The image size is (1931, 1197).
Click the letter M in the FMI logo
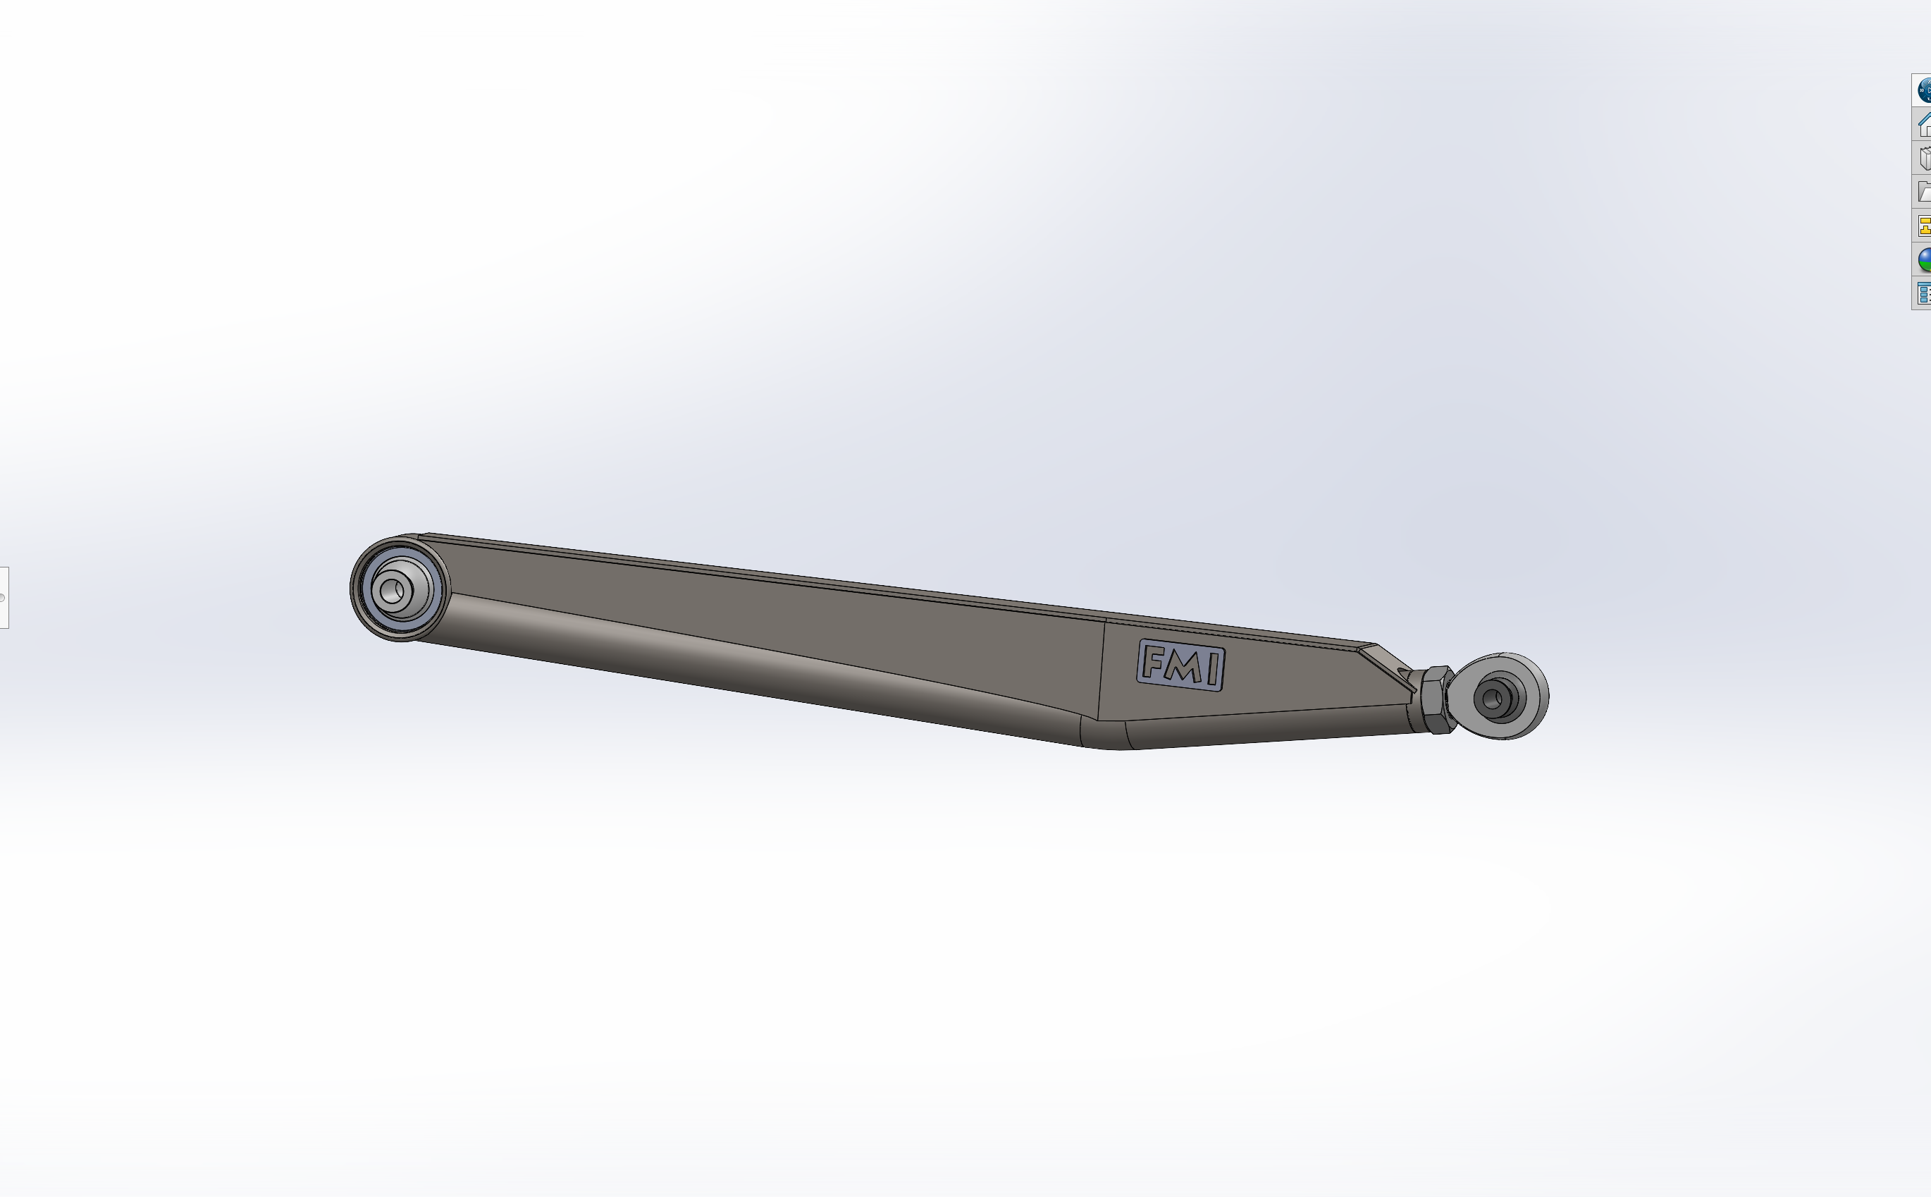click(1183, 667)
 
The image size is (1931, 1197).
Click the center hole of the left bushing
click(391, 590)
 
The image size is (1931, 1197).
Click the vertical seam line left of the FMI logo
click(1101, 669)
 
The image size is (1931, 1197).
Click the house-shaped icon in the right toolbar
click(1924, 124)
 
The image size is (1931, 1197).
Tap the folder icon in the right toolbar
click(1924, 192)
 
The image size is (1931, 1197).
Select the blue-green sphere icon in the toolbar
click(1924, 259)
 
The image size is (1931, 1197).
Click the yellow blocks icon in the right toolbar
click(1924, 226)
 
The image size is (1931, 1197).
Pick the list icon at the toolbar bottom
click(1924, 293)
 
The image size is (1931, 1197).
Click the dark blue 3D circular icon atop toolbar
click(1924, 90)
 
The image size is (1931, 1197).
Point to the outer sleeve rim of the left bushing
click(355, 590)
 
